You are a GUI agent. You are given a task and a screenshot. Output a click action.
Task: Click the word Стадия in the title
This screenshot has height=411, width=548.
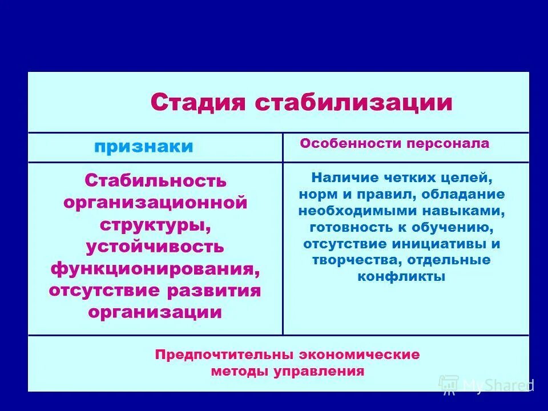click(x=198, y=103)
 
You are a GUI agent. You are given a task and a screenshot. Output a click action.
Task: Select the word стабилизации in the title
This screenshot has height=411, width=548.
click(x=353, y=103)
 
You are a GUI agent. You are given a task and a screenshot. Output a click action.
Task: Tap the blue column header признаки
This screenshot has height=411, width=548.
click(x=144, y=147)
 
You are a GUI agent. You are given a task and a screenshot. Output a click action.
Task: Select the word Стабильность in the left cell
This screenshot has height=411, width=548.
click(x=155, y=181)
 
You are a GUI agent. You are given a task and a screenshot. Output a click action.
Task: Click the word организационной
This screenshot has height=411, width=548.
click(x=155, y=203)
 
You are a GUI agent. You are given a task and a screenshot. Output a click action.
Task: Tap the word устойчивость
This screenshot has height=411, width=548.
click(x=155, y=247)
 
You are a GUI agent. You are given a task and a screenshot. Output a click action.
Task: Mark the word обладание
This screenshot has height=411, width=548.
click(x=464, y=194)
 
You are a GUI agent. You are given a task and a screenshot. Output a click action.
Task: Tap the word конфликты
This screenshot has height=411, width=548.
click(x=401, y=277)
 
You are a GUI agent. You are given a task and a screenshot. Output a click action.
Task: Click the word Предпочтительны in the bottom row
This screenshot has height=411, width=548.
click(x=212, y=354)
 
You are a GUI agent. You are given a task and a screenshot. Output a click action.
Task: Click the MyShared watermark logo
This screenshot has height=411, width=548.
click(x=486, y=385)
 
